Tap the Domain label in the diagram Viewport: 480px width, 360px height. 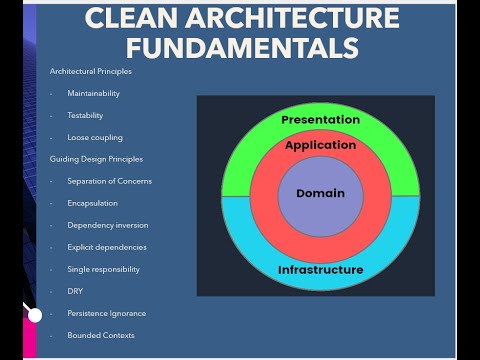tap(320, 193)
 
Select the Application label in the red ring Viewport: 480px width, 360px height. tap(320, 145)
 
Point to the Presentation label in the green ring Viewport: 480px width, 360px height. tap(320, 120)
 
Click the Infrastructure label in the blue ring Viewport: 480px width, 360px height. tap(320, 270)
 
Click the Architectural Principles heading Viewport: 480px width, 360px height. tap(90, 71)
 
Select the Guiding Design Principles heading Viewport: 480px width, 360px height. tap(96, 159)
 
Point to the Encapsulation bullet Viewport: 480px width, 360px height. tap(93, 203)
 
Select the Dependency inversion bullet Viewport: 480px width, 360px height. tap(105, 225)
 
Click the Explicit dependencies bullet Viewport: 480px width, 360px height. tap(107, 247)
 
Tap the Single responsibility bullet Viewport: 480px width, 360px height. tap(103, 269)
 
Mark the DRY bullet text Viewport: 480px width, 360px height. tap(74, 291)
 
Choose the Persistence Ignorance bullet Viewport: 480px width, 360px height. tap(106, 313)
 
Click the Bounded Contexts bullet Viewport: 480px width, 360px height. tap(100, 335)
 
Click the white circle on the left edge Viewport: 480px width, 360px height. tap(34, 315)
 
